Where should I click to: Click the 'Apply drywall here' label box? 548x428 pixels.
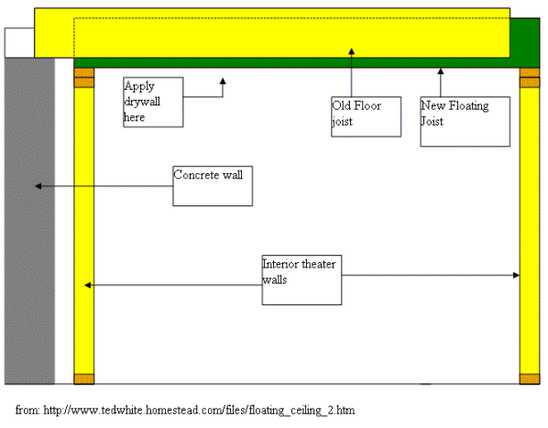pos(153,102)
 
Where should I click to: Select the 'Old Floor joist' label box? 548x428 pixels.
pos(366,116)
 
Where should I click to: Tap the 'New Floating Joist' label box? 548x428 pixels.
pos(465,122)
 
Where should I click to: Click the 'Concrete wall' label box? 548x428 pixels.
pos(213,186)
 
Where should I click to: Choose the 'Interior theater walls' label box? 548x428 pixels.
pos(301,280)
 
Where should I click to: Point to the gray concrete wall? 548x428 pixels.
pos(29,221)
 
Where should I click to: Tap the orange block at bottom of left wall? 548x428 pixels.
pos(84,379)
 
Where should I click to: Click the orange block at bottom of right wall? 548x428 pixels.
pos(530,379)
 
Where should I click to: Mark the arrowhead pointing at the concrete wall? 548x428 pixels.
pos(38,186)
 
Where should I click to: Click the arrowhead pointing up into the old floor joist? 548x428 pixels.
pos(352,51)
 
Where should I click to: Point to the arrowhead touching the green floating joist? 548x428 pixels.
pos(441,71)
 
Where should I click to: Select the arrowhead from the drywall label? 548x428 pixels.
pos(223,81)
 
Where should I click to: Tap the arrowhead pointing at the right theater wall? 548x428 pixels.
pos(516,275)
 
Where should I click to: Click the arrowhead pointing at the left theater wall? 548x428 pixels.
pos(88,285)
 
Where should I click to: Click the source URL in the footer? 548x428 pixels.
pos(199,411)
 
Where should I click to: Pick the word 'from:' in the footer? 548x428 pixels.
pos(27,411)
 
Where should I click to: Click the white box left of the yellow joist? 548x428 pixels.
pos(19,43)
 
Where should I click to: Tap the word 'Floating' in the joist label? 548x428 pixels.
pos(468,106)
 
